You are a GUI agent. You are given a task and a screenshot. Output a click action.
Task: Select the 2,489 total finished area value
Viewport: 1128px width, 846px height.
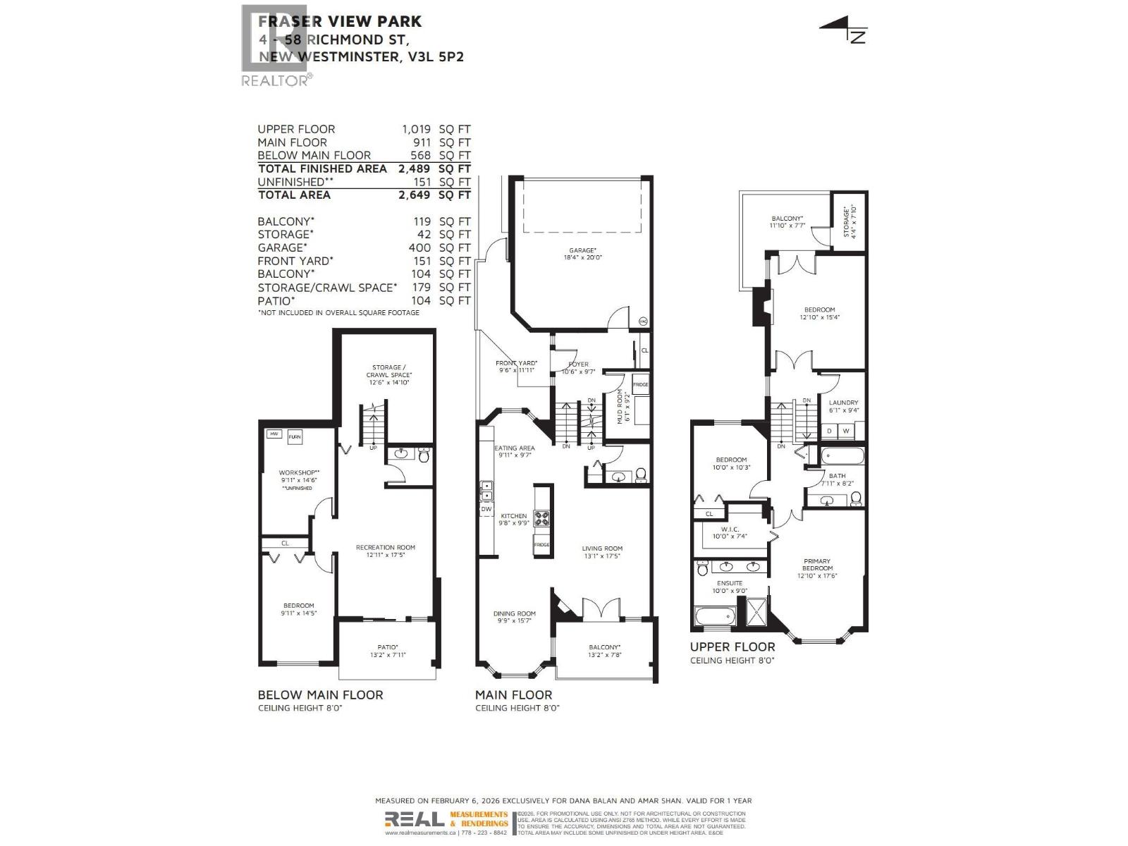[x=414, y=168]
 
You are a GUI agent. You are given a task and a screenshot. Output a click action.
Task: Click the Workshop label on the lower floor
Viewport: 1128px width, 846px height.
[x=298, y=473]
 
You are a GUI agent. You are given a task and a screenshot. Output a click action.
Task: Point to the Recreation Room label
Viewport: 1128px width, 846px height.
[x=385, y=548]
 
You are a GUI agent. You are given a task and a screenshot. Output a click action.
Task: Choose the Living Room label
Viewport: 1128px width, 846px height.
[x=602, y=548]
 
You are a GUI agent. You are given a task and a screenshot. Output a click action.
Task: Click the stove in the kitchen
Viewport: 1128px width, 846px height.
[x=541, y=519]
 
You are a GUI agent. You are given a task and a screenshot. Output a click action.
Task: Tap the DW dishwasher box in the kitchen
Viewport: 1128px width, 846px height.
[x=486, y=509]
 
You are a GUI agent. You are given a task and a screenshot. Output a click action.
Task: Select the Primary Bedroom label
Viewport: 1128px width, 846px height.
[x=817, y=565]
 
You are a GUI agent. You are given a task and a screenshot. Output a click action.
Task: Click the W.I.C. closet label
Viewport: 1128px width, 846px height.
[x=729, y=529]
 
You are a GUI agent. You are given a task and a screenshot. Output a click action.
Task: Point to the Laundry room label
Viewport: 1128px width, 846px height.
[x=843, y=403]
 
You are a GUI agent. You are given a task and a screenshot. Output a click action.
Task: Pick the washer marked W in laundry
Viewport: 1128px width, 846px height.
[x=846, y=431]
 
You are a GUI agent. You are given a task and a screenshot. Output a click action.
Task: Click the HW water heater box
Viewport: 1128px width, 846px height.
[x=274, y=434]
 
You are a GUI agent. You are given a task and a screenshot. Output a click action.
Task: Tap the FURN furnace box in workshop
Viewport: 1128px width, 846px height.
[x=295, y=437]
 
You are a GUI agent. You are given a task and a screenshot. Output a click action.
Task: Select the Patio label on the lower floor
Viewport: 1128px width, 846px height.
[x=387, y=647]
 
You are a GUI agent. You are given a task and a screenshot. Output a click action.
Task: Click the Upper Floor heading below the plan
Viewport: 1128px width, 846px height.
[x=732, y=647]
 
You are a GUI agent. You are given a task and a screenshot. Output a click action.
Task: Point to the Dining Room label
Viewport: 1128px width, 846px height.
[x=514, y=614]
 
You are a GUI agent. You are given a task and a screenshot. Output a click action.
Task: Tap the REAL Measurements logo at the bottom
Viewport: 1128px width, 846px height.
[x=446, y=819]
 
